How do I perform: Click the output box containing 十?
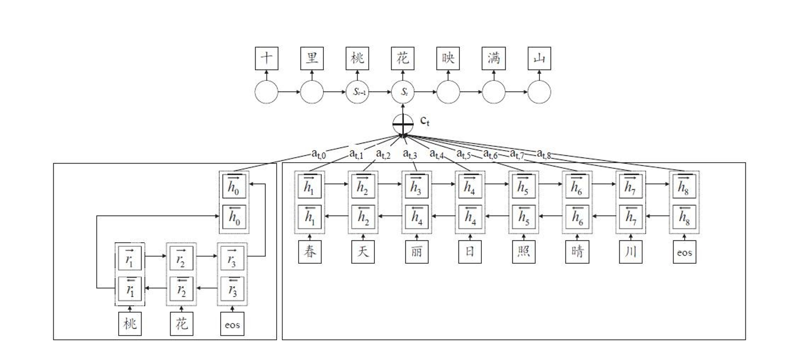point(266,58)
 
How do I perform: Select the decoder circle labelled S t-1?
point(358,92)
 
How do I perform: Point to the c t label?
point(425,121)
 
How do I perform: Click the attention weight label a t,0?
point(319,153)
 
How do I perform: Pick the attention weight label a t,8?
point(544,153)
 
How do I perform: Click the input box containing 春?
point(310,252)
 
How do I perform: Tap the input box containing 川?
point(630,252)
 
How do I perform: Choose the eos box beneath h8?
point(684,252)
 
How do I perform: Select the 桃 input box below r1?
point(130,324)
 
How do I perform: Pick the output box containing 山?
point(539,58)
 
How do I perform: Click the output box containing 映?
point(448,58)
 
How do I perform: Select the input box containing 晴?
point(577,252)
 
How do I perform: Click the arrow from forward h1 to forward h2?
point(336,184)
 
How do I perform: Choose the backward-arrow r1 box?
point(130,289)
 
